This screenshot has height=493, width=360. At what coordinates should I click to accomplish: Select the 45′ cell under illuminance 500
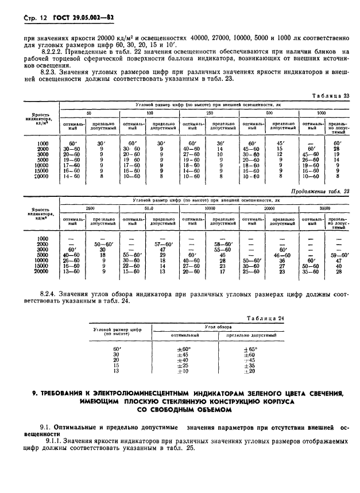280,143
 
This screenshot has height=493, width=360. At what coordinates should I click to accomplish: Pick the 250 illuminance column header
209,114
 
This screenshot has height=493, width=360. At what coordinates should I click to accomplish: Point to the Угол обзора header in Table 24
217,326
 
